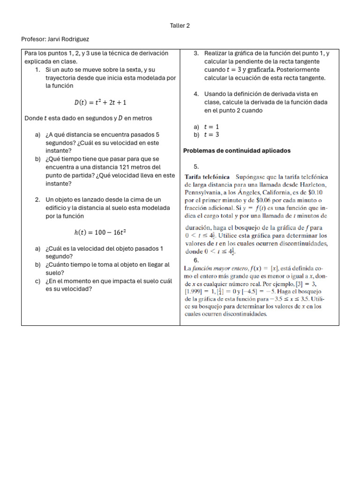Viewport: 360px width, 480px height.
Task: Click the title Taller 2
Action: [x=180, y=26]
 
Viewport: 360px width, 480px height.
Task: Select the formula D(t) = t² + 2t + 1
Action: [x=100, y=102]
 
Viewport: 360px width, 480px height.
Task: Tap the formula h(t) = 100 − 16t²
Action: [x=100, y=232]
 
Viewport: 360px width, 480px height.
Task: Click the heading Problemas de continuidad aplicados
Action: [x=237, y=151]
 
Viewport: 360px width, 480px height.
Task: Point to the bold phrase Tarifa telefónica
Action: [x=207, y=177]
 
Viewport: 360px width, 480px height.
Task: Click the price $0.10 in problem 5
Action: [x=319, y=192]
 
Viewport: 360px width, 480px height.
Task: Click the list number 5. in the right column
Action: [x=196, y=166]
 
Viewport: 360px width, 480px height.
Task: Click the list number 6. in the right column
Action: [x=196, y=260]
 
